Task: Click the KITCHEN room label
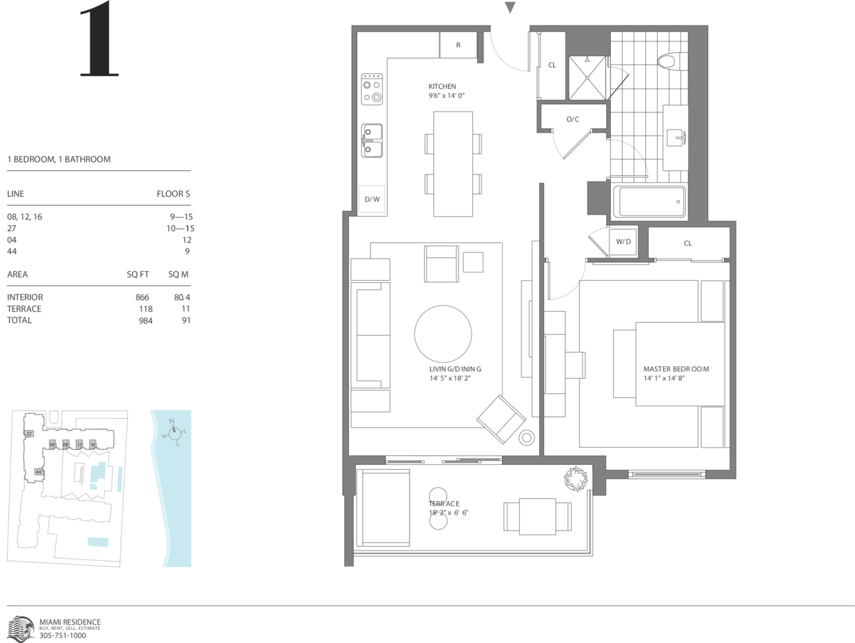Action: click(442, 86)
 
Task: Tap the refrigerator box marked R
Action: click(458, 45)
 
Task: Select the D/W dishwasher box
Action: click(372, 199)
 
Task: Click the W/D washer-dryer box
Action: click(623, 241)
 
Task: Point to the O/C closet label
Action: click(572, 119)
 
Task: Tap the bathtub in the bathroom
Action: click(649, 202)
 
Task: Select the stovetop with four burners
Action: click(372, 89)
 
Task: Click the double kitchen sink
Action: click(372, 141)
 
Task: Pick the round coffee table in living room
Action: click(443, 334)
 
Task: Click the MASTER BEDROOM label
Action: click(676, 369)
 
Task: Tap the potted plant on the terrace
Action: click(576, 479)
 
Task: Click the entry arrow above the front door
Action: click(510, 8)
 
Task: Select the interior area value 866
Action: click(142, 297)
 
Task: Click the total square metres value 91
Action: click(185, 320)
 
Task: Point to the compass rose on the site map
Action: click(174, 432)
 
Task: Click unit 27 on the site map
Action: click(29, 433)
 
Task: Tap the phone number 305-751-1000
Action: click(62, 635)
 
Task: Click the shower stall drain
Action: click(587, 78)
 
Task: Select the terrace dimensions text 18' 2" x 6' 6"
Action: click(448, 513)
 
